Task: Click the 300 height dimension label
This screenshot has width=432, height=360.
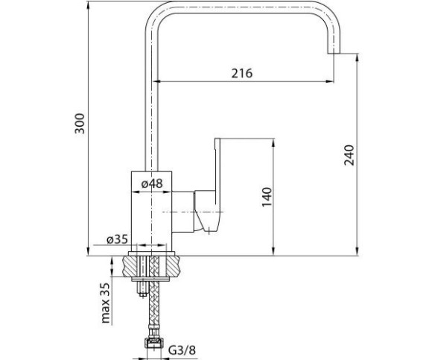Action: [80, 123]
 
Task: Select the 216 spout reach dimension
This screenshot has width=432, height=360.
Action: [241, 73]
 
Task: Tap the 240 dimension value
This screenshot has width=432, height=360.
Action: [349, 155]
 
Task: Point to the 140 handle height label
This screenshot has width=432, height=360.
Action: [267, 197]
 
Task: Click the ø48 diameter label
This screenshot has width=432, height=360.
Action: [152, 183]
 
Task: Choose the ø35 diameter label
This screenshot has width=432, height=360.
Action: [118, 239]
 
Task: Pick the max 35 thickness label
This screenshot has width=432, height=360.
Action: [106, 303]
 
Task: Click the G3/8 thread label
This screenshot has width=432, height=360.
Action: [182, 350]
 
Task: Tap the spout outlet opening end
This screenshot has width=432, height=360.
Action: [334, 53]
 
